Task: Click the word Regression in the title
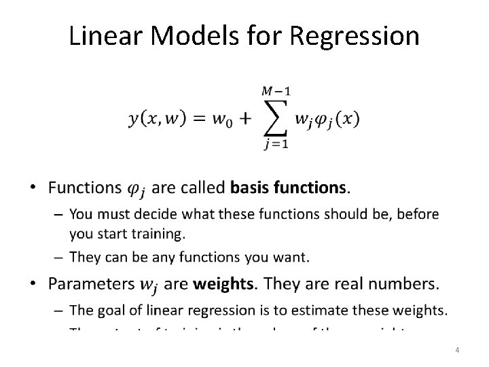pyautogui.click(x=355, y=36)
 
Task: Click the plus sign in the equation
pyautogui.click(x=244, y=120)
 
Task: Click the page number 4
pyautogui.click(x=457, y=350)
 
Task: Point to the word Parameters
pyautogui.click(x=92, y=283)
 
